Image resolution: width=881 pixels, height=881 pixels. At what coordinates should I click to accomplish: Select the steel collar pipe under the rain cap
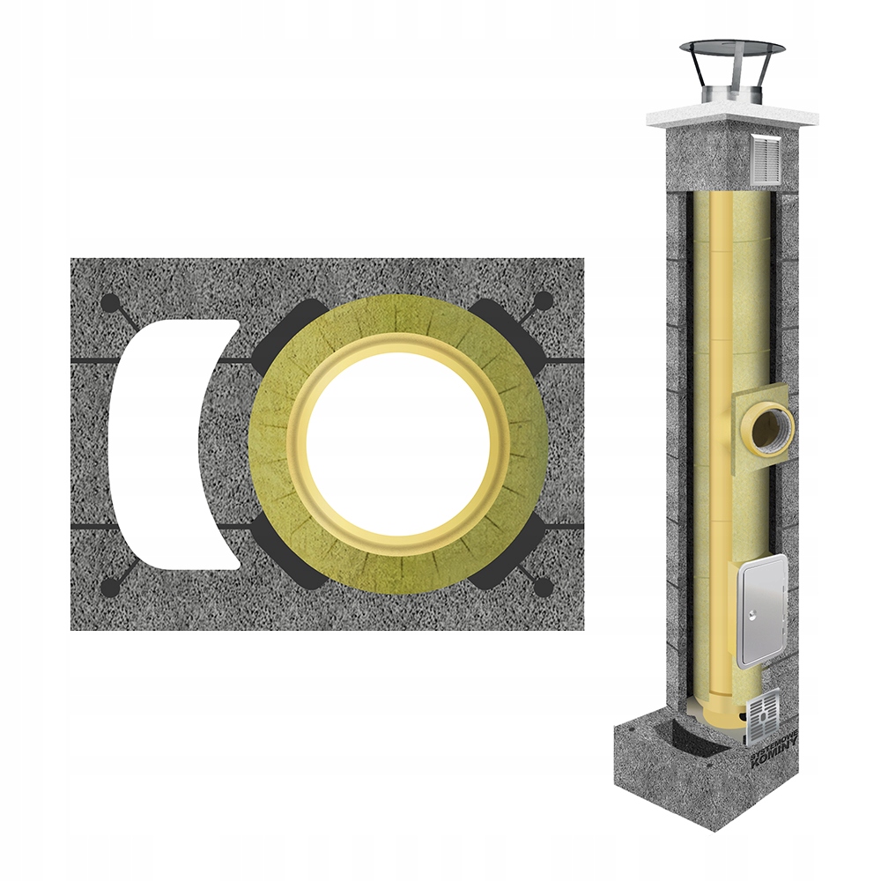pyautogui.click(x=730, y=93)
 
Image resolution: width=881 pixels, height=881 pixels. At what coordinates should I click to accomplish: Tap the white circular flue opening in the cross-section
pyautogui.click(x=397, y=444)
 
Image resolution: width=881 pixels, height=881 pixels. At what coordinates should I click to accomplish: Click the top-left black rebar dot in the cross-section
pyautogui.click(x=110, y=303)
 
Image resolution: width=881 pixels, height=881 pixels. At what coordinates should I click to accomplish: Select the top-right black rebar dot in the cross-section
pyautogui.click(x=544, y=301)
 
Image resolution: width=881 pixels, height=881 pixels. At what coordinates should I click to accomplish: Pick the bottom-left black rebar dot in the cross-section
pyautogui.click(x=110, y=586)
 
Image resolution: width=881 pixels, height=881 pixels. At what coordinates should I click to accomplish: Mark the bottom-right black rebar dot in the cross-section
pyautogui.click(x=544, y=587)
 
